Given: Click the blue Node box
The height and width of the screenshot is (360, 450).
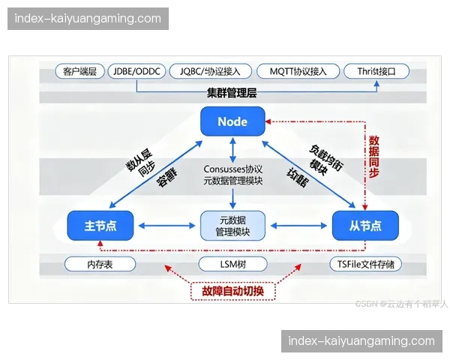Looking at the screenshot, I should pyautogui.click(x=232, y=121).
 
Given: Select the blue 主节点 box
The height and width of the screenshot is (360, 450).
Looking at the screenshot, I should pyautogui.click(x=100, y=225).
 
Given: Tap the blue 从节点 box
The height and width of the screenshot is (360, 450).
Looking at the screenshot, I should pyautogui.click(x=365, y=225).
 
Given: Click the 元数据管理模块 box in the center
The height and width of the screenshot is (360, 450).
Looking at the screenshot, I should pyautogui.click(x=232, y=225).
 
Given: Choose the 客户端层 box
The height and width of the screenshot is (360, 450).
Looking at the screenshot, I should pyautogui.click(x=79, y=72).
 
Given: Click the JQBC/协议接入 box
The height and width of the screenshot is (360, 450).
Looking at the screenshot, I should pyautogui.click(x=210, y=72).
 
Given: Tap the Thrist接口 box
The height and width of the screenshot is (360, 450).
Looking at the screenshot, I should pyautogui.click(x=377, y=72).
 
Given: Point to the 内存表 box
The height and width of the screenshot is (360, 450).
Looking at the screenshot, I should pyautogui.click(x=100, y=264).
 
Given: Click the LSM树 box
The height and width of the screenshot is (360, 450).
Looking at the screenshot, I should pyautogui.click(x=232, y=264).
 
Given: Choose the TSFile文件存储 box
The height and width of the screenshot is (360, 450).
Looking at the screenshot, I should pyautogui.click(x=365, y=264).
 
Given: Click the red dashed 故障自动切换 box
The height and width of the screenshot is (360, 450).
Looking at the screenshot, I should pyautogui.click(x=232, y=289).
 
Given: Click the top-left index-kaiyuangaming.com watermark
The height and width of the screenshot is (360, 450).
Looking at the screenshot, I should pyautogui.click(x=89, y=18).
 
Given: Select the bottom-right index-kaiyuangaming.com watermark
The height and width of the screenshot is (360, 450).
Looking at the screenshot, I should pyautogui.click(x=361, y=341).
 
